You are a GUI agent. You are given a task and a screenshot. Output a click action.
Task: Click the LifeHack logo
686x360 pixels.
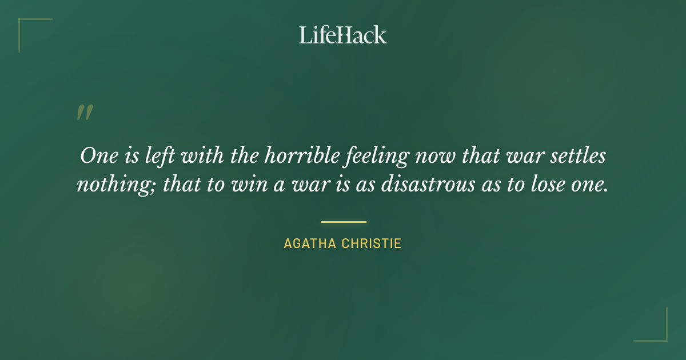coord(343,35)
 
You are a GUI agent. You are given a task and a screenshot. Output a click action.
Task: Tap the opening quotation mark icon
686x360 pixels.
coord(84,113)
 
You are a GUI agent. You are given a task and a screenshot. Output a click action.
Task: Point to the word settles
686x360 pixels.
coord(576,156)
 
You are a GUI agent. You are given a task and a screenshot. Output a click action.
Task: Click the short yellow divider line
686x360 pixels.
coord(343,222)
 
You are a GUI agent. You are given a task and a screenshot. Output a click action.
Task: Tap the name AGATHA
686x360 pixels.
coord(309,243)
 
